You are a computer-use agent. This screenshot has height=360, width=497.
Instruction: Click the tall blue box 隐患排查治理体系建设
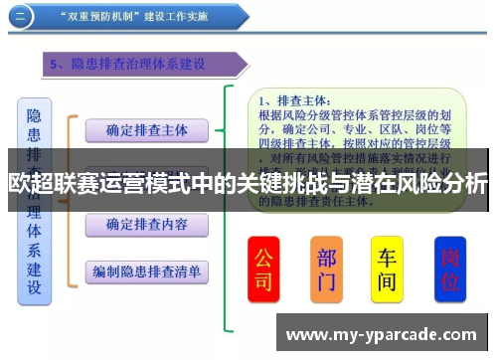[x=35, y=199]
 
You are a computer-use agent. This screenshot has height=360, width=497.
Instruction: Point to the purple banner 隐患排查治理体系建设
[x=149, y=65]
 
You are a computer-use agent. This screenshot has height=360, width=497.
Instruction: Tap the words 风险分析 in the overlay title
[x=448, y=184]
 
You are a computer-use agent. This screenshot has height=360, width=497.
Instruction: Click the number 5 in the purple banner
[x=54, y=65]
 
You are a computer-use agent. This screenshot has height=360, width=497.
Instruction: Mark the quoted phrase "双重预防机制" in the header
[x=103, y=17]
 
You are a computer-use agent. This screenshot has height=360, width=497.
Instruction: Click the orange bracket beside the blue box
[x=70, y=199]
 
